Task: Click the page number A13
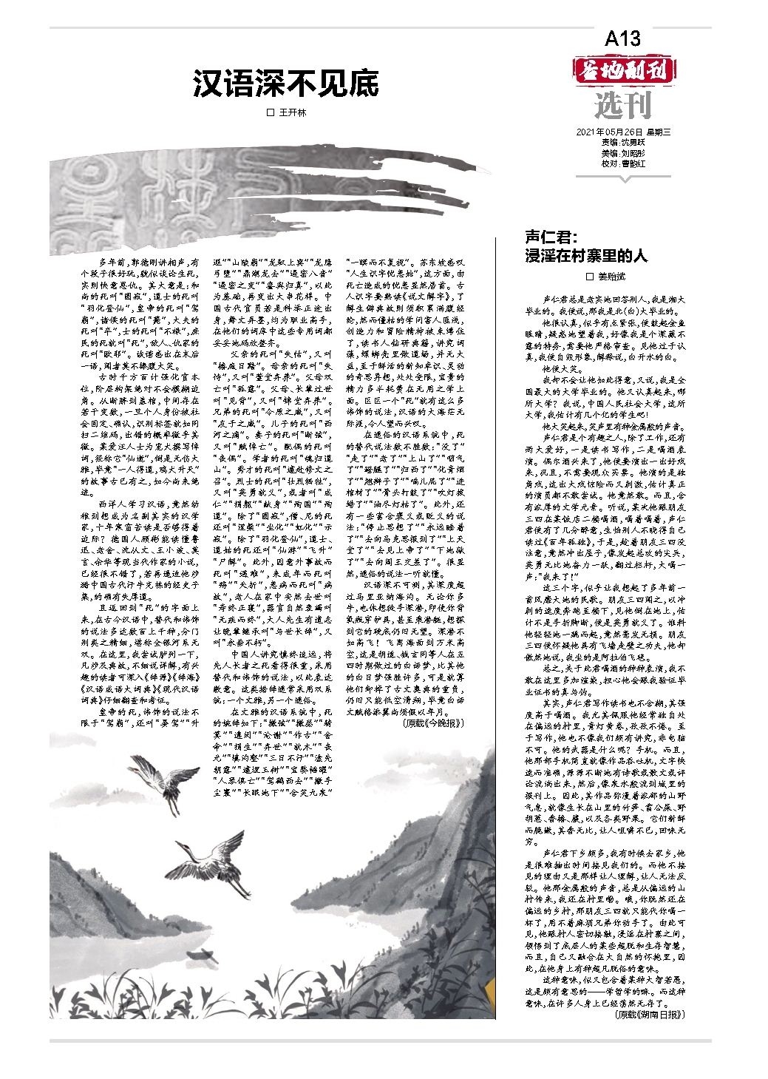622,38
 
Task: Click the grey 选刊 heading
623,106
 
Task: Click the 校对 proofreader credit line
623,163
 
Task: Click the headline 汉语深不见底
285,84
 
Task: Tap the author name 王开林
291,112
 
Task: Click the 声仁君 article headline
585,247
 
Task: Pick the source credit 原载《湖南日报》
649,1015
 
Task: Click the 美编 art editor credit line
623,154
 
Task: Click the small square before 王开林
270,112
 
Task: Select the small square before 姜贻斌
590,276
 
